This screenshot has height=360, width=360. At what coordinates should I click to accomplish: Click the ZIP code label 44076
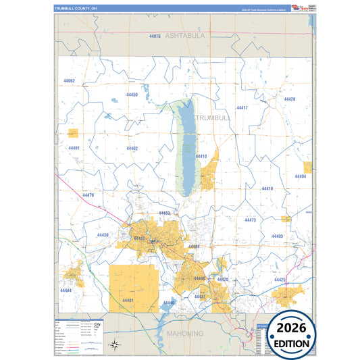point(154,36)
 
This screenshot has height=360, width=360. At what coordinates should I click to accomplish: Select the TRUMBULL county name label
point(213,117)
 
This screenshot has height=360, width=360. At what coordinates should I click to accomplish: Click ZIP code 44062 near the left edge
point(68,81)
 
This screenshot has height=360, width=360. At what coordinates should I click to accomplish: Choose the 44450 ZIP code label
point(132,95)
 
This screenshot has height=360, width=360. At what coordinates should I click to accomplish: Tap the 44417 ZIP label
point(242,108)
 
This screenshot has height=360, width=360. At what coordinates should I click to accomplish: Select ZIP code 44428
point(290,99)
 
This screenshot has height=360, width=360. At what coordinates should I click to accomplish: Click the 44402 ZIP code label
point(132,148)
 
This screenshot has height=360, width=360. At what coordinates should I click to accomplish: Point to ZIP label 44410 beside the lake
point(201,156)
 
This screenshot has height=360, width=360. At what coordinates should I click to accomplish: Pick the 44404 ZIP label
point(301,176)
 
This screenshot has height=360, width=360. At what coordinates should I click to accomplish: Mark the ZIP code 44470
point(88,195)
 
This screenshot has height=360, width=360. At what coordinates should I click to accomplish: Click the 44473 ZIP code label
point(250,220)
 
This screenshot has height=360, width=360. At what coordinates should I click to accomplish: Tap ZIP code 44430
point(103,234)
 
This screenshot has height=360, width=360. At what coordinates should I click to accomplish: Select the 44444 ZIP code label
point(66,290)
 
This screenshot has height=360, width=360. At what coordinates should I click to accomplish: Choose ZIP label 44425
point(280,279)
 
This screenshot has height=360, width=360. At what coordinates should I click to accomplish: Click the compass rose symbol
point(115,344)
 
